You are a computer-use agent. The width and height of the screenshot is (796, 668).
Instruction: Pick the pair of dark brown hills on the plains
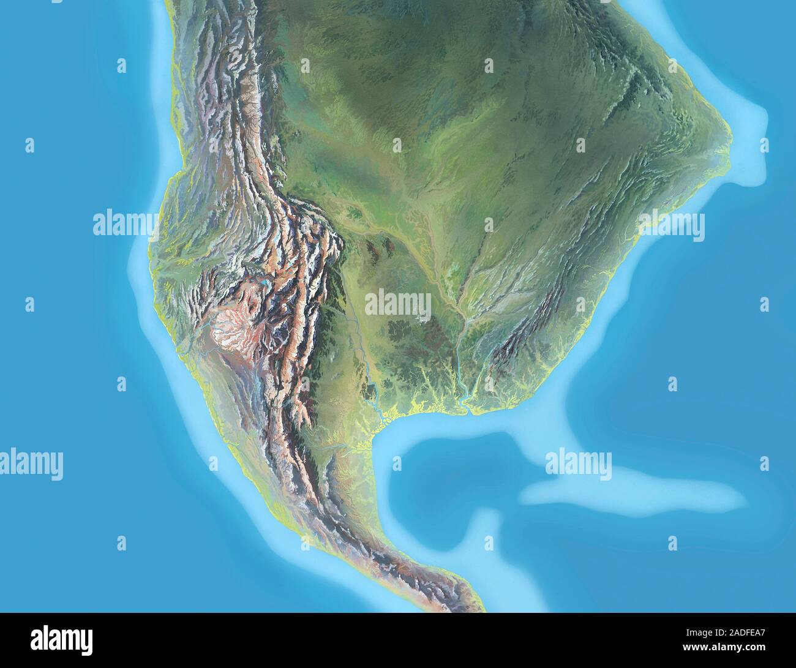pyautogui.click(x=380, y=245)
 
